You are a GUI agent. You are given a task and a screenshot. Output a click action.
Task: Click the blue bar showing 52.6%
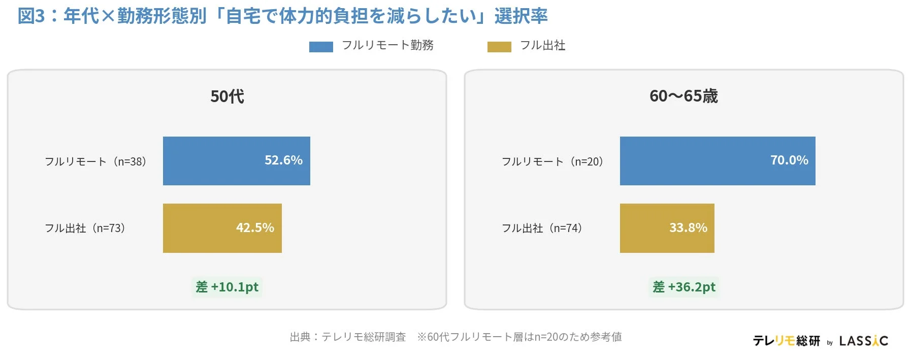point(236,161)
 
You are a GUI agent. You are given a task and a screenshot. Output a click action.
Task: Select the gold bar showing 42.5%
point(222,228)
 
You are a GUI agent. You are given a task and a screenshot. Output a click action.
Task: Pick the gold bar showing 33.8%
point(667,228)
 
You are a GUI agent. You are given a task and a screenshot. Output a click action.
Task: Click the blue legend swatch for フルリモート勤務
point(321,47)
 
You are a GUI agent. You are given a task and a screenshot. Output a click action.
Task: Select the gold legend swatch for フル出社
point(499,47)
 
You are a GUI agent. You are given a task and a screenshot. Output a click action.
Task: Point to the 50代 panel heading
point(227,96)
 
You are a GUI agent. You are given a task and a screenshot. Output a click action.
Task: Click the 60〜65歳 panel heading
point(684,96)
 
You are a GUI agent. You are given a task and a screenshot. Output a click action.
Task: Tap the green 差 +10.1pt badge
point(227,287)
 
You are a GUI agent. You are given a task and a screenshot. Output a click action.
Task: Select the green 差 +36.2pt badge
point(684,287)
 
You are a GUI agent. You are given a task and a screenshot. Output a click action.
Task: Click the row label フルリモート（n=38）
point(96,161)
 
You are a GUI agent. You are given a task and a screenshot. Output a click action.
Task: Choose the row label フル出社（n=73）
point(85,228)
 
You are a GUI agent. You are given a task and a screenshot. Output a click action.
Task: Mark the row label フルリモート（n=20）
point(552,161)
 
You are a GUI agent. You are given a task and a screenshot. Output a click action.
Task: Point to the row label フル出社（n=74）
point(542,228)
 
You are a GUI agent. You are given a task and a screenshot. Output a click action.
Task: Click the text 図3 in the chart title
point(31,16)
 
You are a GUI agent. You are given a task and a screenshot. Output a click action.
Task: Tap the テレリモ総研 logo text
point(786,341)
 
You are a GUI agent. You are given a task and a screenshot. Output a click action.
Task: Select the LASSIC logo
point(863,341)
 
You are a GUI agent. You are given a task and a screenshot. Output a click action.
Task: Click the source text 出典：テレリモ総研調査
point(348,337)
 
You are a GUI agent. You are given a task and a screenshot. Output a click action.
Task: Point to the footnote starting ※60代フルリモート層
point(519,337)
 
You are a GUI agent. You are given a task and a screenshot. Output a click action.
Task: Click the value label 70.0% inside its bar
point(789,160)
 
